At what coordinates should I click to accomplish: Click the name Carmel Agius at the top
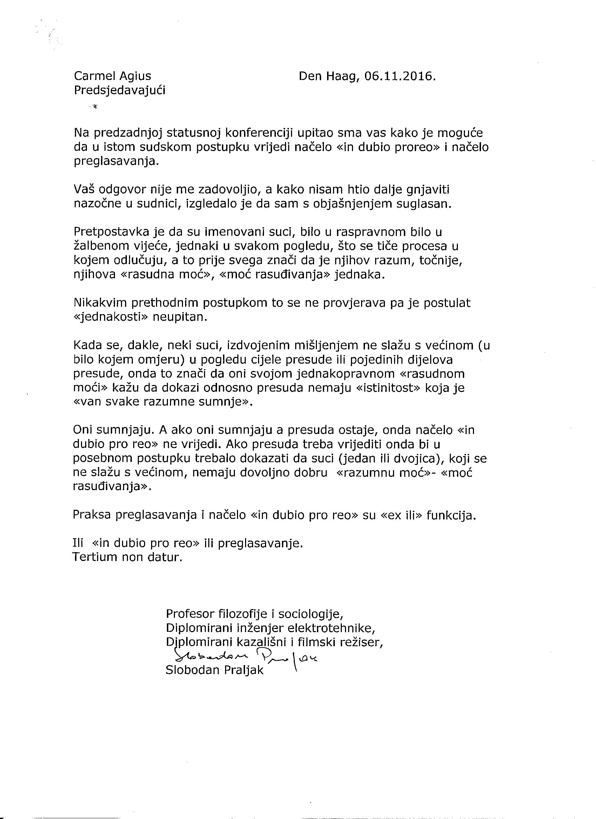tap(112, 76)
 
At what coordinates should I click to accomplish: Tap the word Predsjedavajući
tap(120, 90)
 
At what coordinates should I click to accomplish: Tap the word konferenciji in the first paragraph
tap(258, 133)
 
